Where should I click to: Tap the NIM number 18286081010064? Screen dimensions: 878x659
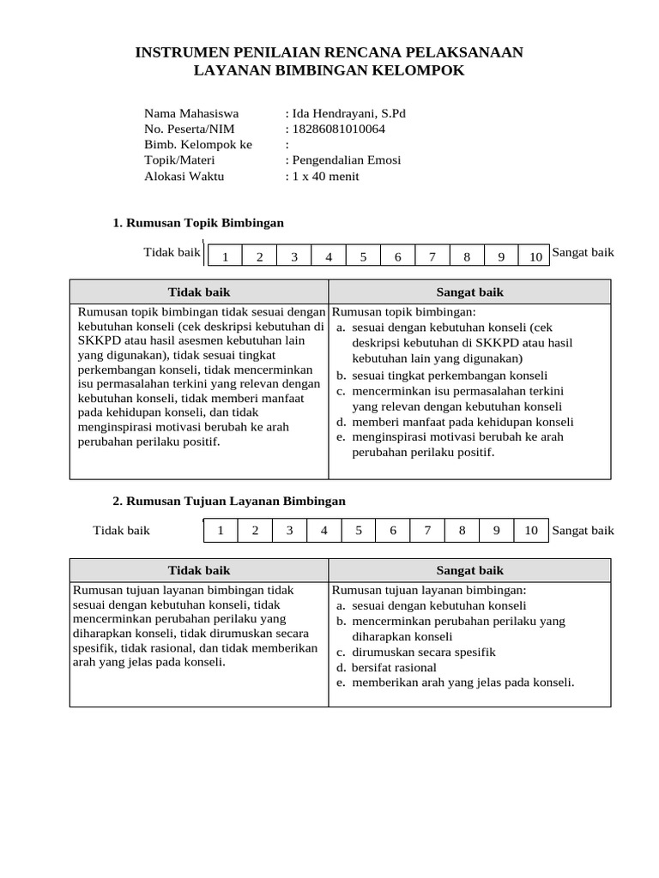[x=338, y=129]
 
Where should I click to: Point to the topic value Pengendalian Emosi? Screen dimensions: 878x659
[x=346, y=160]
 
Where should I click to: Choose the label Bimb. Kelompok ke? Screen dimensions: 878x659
[x=198, y=144]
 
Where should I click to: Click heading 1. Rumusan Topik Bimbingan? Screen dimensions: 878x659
[x=198, y=223]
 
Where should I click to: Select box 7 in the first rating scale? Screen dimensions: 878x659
[x=432, y=256]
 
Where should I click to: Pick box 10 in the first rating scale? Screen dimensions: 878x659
[x=535, y=256]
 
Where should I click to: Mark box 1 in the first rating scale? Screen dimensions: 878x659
[x=225, y=256]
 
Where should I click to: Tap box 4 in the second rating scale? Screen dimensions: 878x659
[x=324, y=531]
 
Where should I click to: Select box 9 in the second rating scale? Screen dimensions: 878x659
[x=496, y=531]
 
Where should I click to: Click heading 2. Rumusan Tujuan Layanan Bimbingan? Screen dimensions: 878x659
[x=229, y=501]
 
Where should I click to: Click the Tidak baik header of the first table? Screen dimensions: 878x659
[x=199, y=292]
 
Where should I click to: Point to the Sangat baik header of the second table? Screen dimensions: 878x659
[x=469, y=570]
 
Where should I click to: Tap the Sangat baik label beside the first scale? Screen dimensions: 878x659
[x=583, y=253]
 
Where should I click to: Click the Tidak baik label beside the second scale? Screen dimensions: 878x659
[x=121, y=531]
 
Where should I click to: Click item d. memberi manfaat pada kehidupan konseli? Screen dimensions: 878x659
[x=455, y=422]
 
